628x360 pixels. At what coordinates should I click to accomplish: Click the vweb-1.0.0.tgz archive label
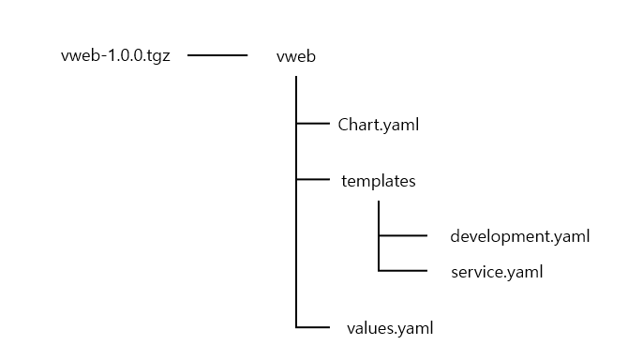tap(115, 55)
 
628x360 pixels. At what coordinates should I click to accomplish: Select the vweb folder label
tap(296, 56)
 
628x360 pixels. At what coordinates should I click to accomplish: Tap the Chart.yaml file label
tap(378, 123)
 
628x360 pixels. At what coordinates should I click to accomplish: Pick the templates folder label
tap(378, 181)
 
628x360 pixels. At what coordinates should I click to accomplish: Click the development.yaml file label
tap(520, 235)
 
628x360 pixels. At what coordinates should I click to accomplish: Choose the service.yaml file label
tap(496, 272)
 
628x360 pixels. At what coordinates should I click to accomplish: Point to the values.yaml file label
tap(390, 327)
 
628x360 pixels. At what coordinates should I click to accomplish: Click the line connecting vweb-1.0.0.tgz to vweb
tap(217, 55)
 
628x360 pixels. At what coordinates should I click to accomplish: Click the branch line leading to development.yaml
tap(403, 235)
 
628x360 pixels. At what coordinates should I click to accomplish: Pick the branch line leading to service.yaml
tap(403, 271)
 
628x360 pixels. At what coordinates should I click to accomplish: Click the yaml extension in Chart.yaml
tap(400, 124)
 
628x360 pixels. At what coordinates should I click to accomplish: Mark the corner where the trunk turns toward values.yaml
tap(296, 327)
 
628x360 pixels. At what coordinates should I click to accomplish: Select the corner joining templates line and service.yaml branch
tap(379, 271)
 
